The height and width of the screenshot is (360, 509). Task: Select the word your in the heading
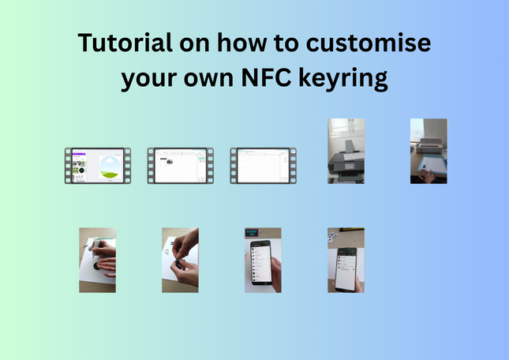click(148, 79)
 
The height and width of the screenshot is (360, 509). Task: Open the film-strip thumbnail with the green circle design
click(97, 166)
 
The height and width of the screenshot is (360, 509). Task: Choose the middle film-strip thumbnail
click(179, 166)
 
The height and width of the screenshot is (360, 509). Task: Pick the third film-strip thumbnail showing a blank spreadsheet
click(262, 166)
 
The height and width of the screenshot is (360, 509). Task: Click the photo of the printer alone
click(346, 151)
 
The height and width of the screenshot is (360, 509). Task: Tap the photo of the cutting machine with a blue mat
click(429, 151)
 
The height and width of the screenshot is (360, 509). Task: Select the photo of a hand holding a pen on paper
click(97, 260)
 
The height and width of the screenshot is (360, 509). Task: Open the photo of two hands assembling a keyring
click(180, 260)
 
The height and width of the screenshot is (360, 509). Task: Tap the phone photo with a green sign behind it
click(263, 260)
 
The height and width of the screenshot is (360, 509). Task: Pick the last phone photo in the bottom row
click(346, 260)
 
